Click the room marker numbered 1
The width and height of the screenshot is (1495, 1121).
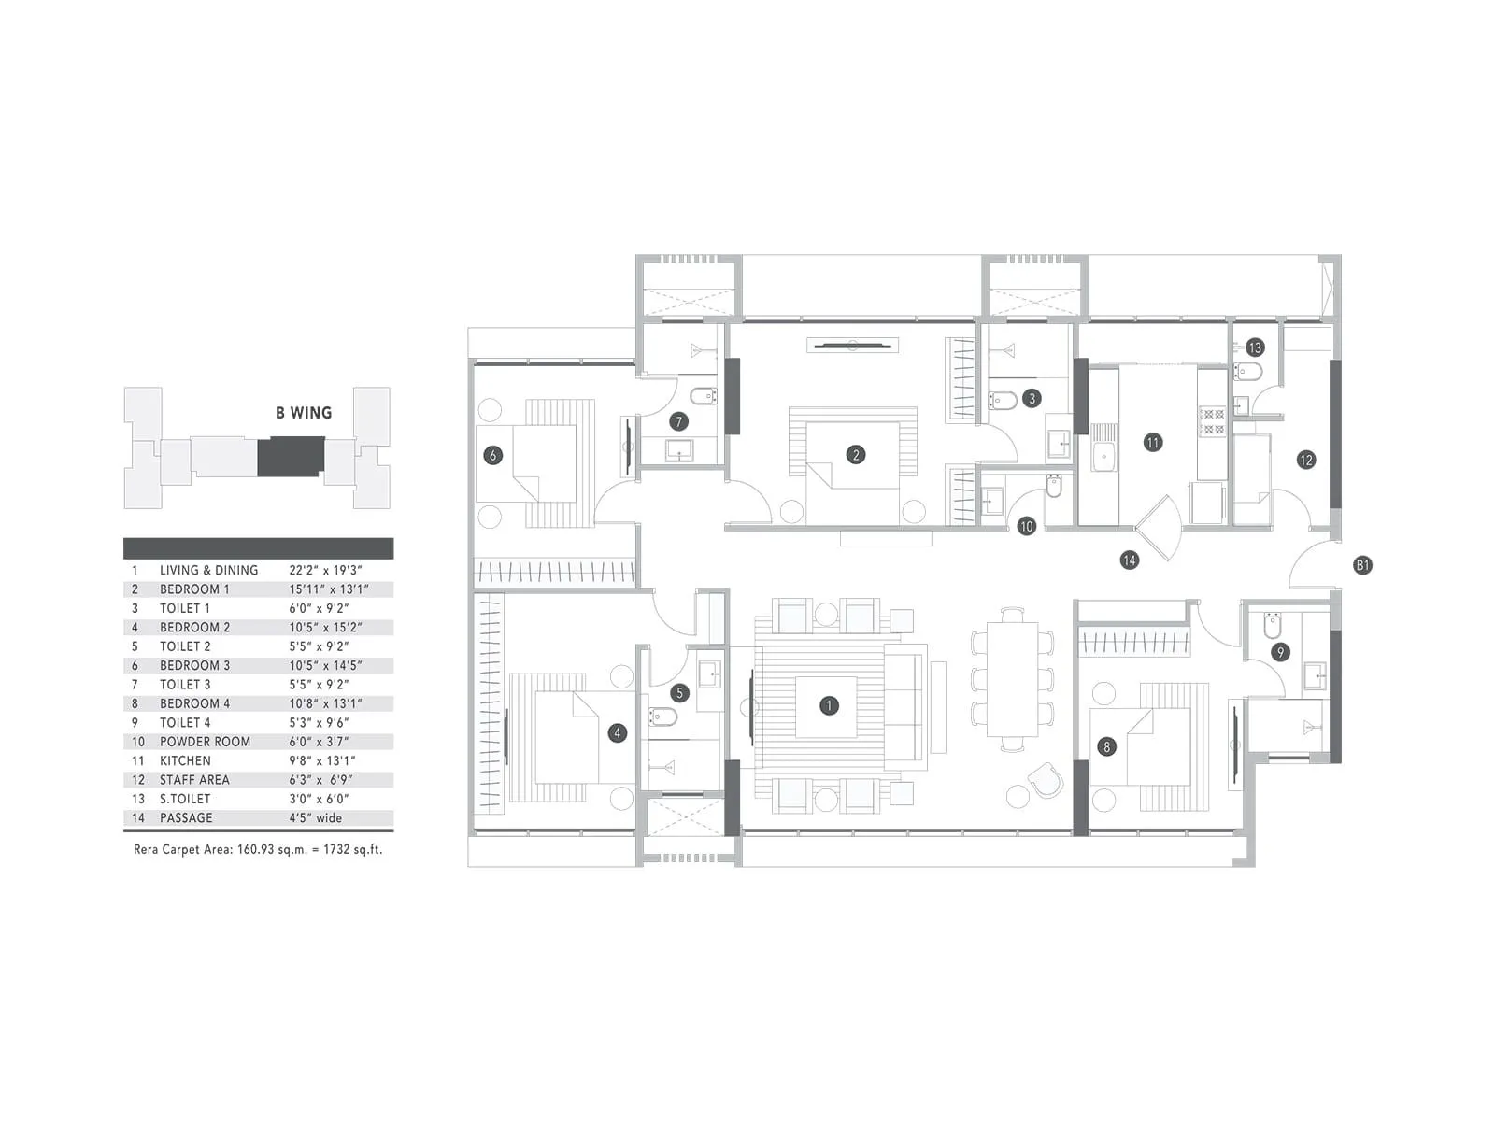click(x=828, y=705)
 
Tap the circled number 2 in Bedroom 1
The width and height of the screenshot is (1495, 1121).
click(x=855, y=455)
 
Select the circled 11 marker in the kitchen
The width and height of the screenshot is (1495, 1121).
click(x=1153, y=443)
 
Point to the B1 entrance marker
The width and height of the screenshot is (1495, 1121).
click(x=1362, y=565)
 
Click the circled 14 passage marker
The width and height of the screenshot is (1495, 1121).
click(x=1130, y=560)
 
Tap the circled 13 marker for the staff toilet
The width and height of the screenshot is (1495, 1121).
click(x=1254, y=348)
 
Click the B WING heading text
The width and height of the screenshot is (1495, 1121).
click(x=304, y=413)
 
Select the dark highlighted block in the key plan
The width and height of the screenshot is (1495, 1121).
click(x=291, y=457)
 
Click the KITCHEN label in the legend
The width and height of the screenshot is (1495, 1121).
click(x=185, y=760)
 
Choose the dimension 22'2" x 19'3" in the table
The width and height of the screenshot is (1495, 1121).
click(x=325, y=570)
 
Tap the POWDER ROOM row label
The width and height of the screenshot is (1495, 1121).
click(x=205, y=742)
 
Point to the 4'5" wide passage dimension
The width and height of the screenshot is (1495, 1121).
click(x=315, y=817)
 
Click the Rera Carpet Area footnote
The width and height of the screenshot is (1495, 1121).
click(x=258, y=850)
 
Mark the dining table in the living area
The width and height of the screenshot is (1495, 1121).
click(x=1013, y=679)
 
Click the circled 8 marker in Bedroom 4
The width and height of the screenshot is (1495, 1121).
click(x=1107, y=746)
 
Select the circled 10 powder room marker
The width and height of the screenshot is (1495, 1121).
click(x=1026, y=526)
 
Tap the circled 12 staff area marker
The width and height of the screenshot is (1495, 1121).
click(x=1305, y=460)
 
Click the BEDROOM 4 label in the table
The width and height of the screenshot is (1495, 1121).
click(x=194, y=703)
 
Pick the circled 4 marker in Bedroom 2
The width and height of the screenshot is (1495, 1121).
click(x=617, y=733)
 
